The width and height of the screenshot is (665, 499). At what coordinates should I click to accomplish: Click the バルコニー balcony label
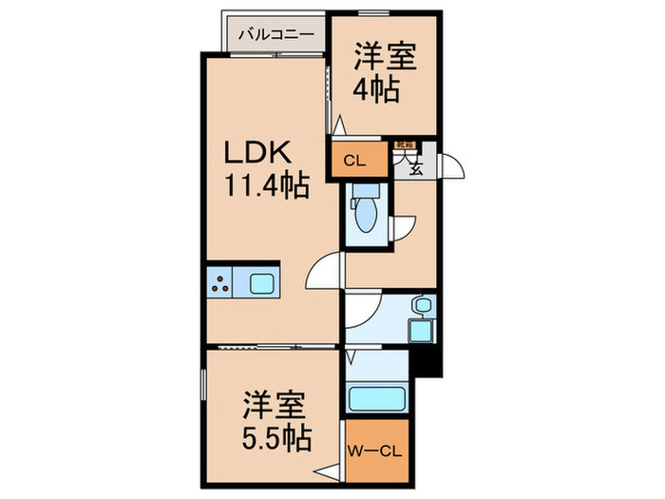pyautogui.click(x=275, y=34)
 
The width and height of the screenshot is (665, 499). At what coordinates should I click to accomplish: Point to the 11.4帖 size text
pyautogui.click(x=267, y=186)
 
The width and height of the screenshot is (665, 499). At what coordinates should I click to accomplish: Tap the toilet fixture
pyautogui.click(x=365, y=211)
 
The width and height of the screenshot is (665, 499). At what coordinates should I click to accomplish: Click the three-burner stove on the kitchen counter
pyautogui.click(x=221, y=282)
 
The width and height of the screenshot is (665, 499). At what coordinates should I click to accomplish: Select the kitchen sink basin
pyautogui.click(x=262, y=282)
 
